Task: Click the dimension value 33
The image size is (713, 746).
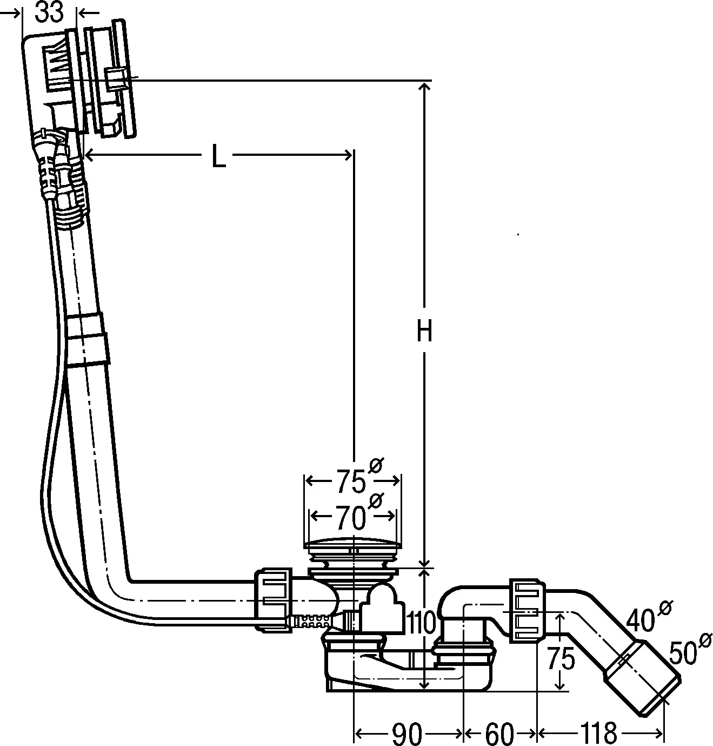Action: tap(49, 12)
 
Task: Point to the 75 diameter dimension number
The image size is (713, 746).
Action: tap(351, 481)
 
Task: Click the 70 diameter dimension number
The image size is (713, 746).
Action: tap(350, 518)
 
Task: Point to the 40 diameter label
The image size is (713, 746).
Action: tap(641, 619)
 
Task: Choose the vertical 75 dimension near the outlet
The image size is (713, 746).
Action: tap(561, 658)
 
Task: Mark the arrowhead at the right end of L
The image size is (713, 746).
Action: tap(348, 155)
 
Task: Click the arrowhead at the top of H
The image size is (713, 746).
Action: tap(424, 87)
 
